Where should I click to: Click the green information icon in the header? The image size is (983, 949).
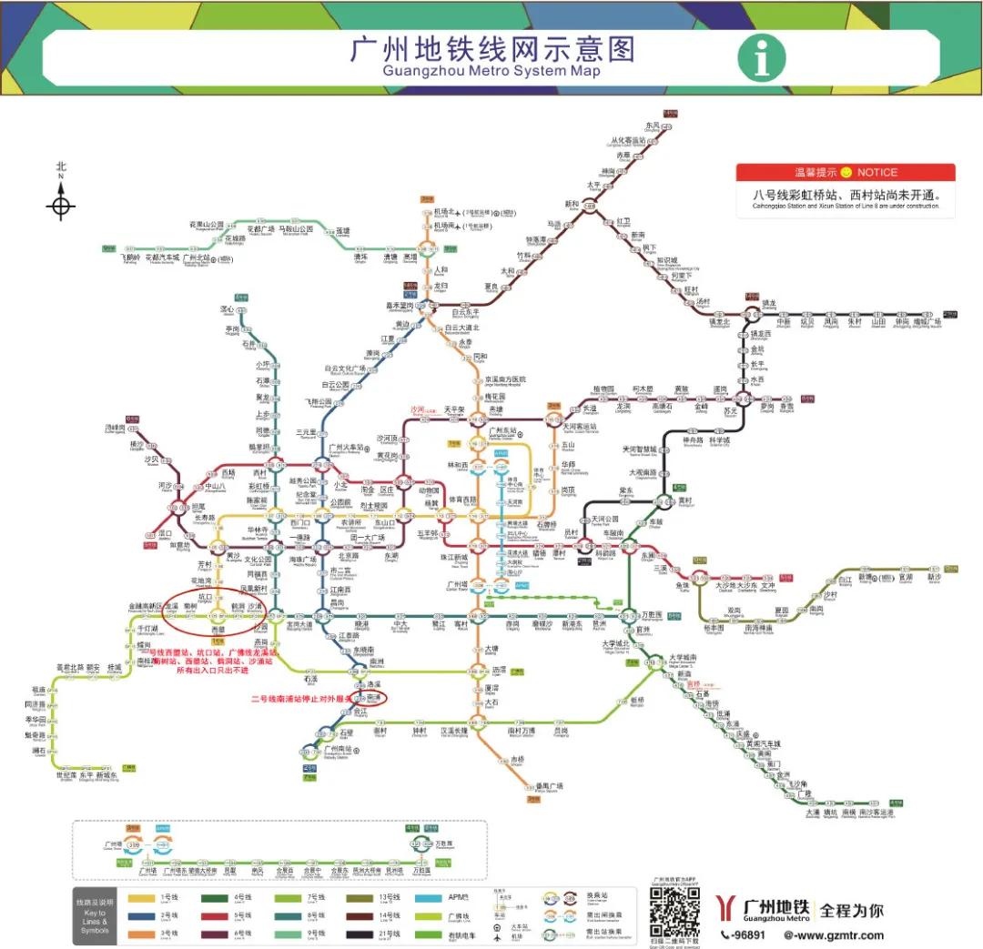[x=761, y=58]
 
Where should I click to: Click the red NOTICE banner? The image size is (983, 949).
[x=846, y=173]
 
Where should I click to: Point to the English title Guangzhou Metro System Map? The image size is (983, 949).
[x=491, y=71]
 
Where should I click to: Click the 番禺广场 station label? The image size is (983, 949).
[x=549, y=786]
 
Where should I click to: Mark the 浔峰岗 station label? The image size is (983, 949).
[x=115, y=427]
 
